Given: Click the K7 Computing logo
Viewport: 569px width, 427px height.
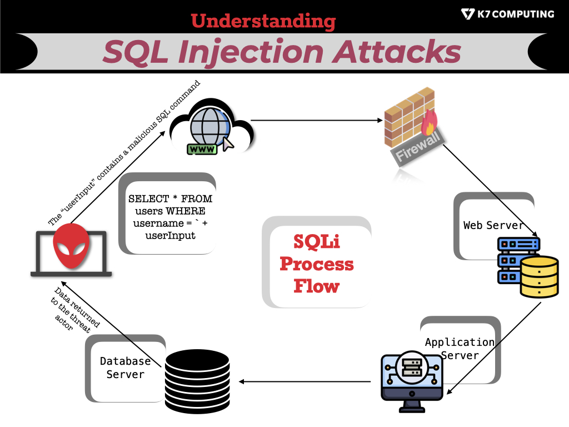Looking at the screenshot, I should tap(507, 13).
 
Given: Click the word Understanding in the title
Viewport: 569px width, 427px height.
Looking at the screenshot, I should tap(263, 21).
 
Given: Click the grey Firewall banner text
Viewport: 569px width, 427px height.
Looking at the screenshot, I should tap(420, 147).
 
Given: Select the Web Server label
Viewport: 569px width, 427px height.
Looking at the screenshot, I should tap(493, 225).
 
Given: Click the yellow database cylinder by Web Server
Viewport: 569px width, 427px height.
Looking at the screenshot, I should tap(539, 276).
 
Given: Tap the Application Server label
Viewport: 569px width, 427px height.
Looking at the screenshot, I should tap(459, 349).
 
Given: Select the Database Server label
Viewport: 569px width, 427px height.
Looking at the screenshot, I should tap(125, 368).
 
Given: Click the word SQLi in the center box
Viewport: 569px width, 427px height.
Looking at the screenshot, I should tap(317, 242).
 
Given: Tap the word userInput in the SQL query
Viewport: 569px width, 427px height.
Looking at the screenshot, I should tap(171, 235).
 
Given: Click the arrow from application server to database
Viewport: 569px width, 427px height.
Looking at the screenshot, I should tap(306, 381).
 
